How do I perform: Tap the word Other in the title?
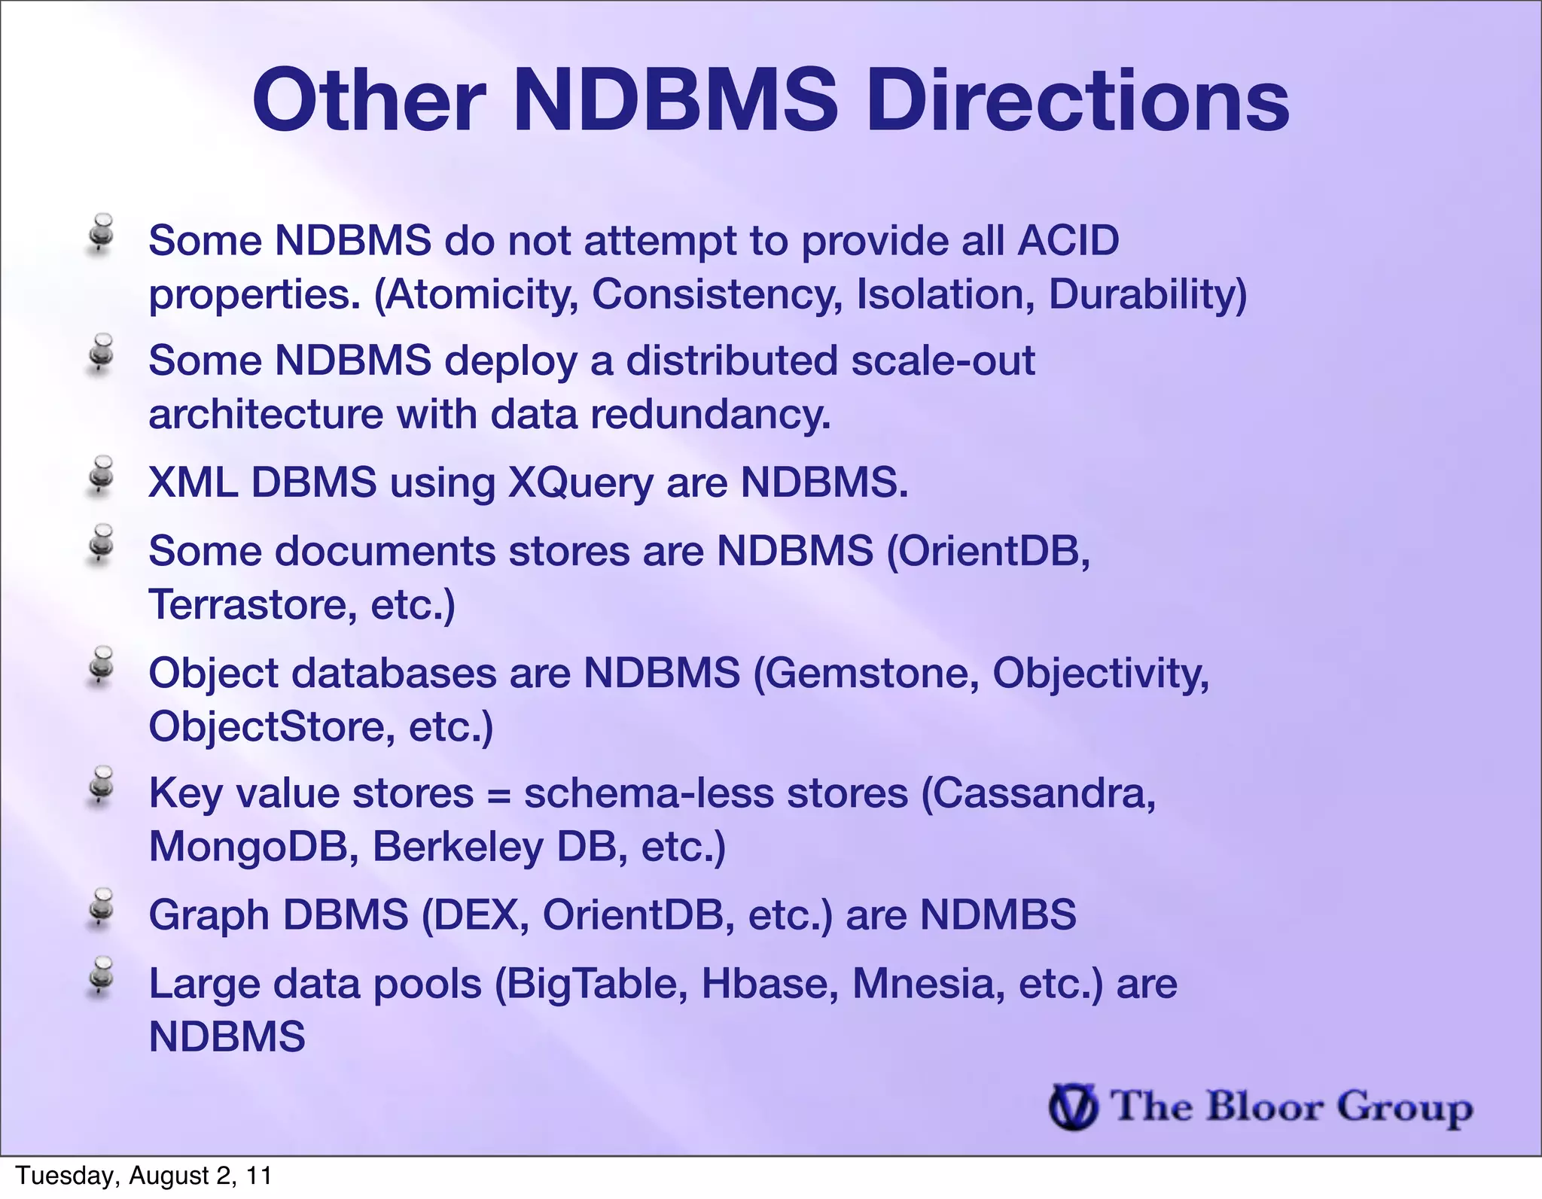tap(369, 102)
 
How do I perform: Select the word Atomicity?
tap(483, 294)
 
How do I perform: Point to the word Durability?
tap(1147, 294)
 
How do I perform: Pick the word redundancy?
tap(710, 415)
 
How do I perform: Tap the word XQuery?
tap(581, 482)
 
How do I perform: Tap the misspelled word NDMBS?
tap(998, 915)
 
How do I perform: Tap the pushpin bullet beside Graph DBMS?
tap(101, 908)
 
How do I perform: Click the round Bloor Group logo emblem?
tap(1073, 1106)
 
